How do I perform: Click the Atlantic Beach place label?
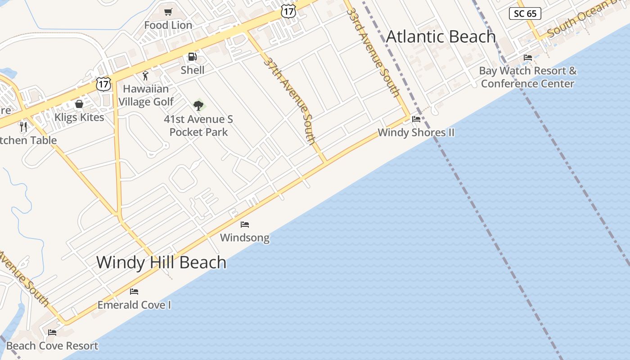(441, 36)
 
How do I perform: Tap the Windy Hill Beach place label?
(161, 262)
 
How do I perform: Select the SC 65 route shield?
(525, 13)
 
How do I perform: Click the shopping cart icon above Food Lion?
(168, 12)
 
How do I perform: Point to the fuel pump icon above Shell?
(192, 57)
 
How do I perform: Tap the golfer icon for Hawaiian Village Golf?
(145, 76)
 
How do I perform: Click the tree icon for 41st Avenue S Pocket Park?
(198, 106)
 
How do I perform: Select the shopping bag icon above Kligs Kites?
(79, 104)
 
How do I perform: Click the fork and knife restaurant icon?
(23, 126)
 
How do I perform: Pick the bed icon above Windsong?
(245, 224)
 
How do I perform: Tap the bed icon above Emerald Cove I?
(134, 291)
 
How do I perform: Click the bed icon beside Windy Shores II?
(416, 119)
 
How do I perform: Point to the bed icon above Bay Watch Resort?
(528, 57)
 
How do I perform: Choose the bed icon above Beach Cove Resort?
(52, 333)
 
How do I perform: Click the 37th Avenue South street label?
(290, 100)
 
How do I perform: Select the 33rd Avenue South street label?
(373, 52)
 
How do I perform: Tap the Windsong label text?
(245, 238)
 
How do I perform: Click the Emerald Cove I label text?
(134, 305)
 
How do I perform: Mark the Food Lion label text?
(168, 25)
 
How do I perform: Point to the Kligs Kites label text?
(79, 117)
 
